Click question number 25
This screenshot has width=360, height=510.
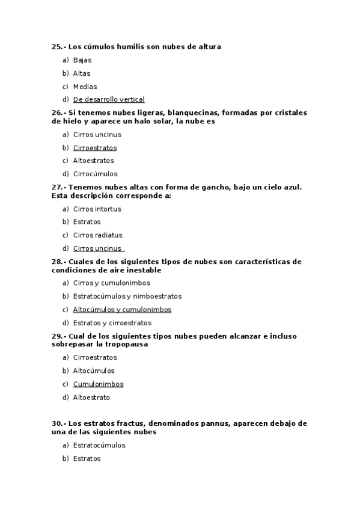click(x=58, y=47)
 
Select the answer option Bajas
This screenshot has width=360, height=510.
click(x=82, y=60)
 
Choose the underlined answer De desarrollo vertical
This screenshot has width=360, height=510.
click(x=109, y=100)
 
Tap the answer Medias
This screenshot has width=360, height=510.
click(x=85, y=87)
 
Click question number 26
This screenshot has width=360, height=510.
click(x=58, y=112)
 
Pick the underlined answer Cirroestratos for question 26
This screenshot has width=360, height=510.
click(x=95, y=148)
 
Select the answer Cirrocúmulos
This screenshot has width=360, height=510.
click(x=95, y=174)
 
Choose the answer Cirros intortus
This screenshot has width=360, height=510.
click(x=97, y=209)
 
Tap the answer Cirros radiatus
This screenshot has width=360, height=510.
click(x=97, y=236)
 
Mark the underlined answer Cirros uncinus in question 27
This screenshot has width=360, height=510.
click(x=97, y=249)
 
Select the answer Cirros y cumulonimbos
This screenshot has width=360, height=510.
click(x=112, y=283)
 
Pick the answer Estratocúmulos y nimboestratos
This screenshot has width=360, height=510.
click(x=127, y=296)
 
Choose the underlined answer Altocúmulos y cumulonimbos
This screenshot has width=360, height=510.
click(x=123, y=310)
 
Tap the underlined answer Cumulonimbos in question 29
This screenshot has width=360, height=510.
click(x=98, y=384)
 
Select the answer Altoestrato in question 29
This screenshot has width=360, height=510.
click(x=91, y=398)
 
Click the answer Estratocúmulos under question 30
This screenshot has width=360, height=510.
click(x=99, y=446)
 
